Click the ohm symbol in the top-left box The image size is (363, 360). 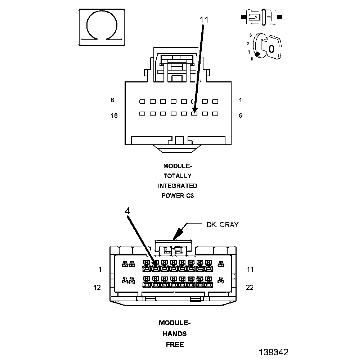click(102, 27)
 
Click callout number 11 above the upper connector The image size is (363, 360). click(204, 21)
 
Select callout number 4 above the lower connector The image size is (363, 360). click(127, 211)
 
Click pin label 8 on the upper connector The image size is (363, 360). click(113, 100)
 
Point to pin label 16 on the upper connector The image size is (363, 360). click(114, 116)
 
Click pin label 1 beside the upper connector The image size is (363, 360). click(240, 100)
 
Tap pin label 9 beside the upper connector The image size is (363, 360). click(240, 116)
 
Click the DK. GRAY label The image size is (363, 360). click(222, 225)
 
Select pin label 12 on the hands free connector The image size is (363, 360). click(97, 287)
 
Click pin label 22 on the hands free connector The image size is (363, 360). click(250, 287)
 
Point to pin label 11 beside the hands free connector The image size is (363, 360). click(250, 269)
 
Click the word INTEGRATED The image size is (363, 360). click(178, 186)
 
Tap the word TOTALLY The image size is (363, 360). click(178, 176)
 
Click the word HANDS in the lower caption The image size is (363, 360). click(175, 334)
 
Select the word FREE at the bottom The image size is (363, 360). click(175, 345)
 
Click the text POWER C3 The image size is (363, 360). click(178, 196)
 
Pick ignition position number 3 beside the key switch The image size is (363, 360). click(250, 35)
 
